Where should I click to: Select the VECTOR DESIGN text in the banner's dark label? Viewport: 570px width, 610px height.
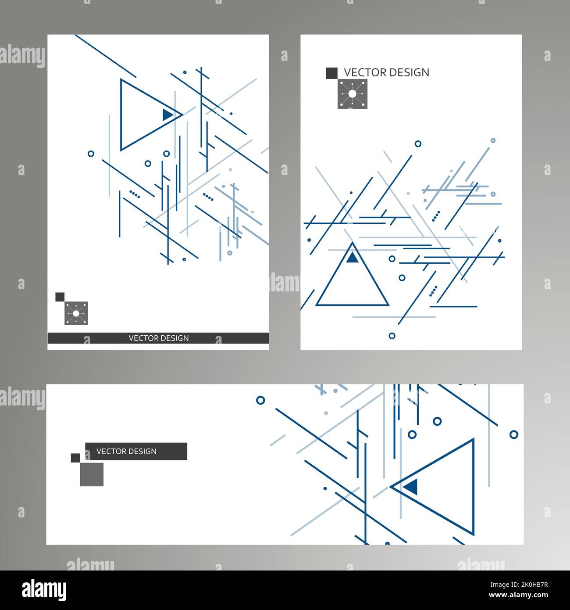pyautogui.click(x=126, y=451)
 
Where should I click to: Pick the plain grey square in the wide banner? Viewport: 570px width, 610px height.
pyautogui.click(x=92, y=474)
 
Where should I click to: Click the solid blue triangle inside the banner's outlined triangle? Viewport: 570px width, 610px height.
pyautogui.click(x=411, y=486)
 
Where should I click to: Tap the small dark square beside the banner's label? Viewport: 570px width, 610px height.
pyautogui.click(x=75, y=458)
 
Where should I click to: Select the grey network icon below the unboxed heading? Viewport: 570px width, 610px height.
pyautogui.click(x=352, y=94)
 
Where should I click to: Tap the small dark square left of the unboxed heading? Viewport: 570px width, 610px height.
pyautogui.click(x=331, y=73)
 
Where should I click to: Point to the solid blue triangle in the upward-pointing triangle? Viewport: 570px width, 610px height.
pyautogui.click(x=352, y=258)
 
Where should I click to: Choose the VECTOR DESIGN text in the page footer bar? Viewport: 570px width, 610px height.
pyautogui.click(x=158, y=338)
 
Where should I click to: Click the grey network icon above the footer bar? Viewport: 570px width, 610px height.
pyautogui.click(x=76, y=313)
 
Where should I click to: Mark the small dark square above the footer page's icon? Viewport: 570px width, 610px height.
pyautogui.click(x=60, y=297)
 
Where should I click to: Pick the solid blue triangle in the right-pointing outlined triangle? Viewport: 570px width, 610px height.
pyautogui.click(x=167, y=115)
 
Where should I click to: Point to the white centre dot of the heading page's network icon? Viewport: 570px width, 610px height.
pyautogui.click(x=352, y=94)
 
